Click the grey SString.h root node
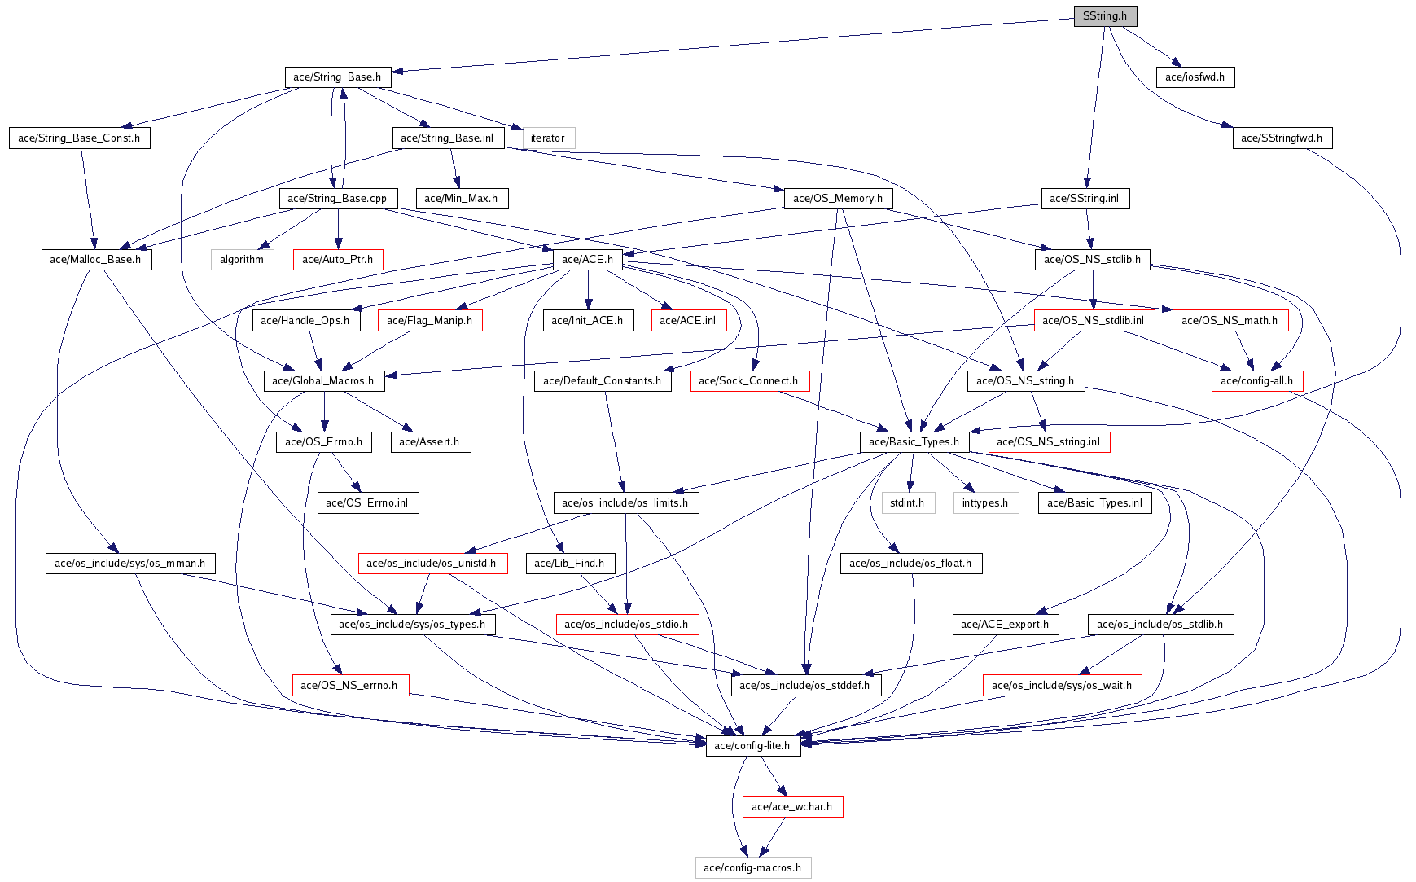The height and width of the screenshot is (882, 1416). [x=1104, y=15]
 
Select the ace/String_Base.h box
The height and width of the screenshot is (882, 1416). [x=337, y=77]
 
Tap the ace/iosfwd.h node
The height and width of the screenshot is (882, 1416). [x=1195, y=77]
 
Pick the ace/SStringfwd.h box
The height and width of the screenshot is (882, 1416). [x=1281, y=138]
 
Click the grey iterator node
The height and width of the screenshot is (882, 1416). [x=547, y=138]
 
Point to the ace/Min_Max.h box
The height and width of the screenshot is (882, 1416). [x=461, y=199]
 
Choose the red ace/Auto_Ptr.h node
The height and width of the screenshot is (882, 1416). [x=337, y=260]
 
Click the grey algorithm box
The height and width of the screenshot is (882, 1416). [x=242, y=260]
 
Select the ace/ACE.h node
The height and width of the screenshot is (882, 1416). [x=587, y=260]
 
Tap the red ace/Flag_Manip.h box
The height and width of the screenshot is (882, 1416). [x=429, y=321]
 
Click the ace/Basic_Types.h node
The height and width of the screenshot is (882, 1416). [x=914, y=442]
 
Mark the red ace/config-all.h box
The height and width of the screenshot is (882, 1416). [x=1256, y=381]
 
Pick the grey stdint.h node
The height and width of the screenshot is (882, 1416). [x=906, y=503]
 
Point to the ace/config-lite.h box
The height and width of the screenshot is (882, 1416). [x=752, y=746]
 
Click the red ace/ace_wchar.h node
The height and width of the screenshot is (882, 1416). [x=791, y=807]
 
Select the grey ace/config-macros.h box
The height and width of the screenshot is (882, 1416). [x=752, y=868]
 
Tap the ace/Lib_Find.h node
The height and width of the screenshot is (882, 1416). [x=569, y=564]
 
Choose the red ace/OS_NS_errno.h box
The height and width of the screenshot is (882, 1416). [x=349, y=686]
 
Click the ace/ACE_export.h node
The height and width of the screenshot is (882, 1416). [x=1005, y=625]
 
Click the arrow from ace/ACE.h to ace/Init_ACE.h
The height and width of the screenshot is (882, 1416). [x=588, y=290]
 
